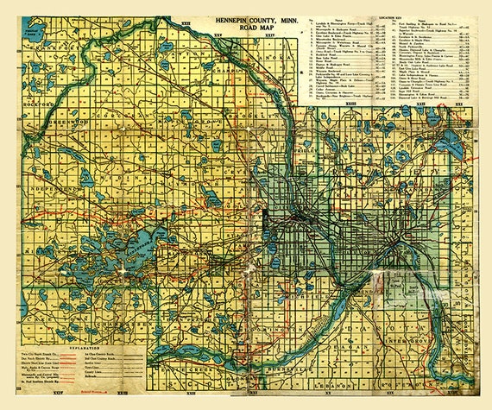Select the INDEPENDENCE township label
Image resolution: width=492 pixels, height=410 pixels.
[43, 187]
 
